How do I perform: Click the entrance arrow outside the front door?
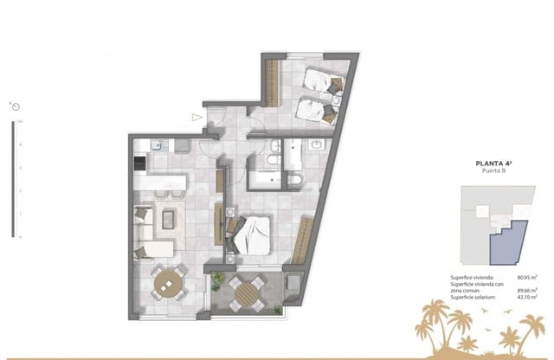(x=197, y=116)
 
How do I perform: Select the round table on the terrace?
(x=244, y=292)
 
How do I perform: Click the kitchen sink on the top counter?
(x=158, y=145)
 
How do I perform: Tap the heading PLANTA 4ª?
(x=497, y=162)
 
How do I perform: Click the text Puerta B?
(x=497, y=171)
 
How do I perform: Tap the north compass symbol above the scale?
(x=15, y=107)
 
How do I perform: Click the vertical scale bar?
(x=12, y=179)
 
